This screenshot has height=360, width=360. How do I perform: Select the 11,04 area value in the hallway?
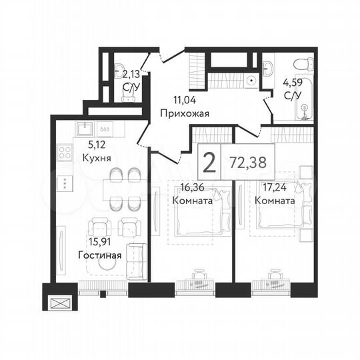pos(184,100)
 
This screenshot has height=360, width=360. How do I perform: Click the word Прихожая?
pos(185,113)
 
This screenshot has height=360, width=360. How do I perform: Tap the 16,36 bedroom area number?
pos(192,188)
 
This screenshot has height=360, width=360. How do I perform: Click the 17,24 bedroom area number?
pos(276,188)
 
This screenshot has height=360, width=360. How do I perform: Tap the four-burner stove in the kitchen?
pos(65,153)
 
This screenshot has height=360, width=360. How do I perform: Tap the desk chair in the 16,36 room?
pos(198,273)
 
